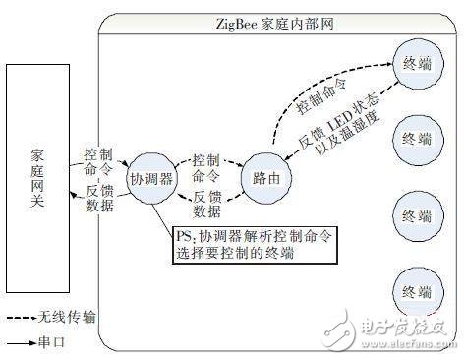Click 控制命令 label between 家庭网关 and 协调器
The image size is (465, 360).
point(99,161)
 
